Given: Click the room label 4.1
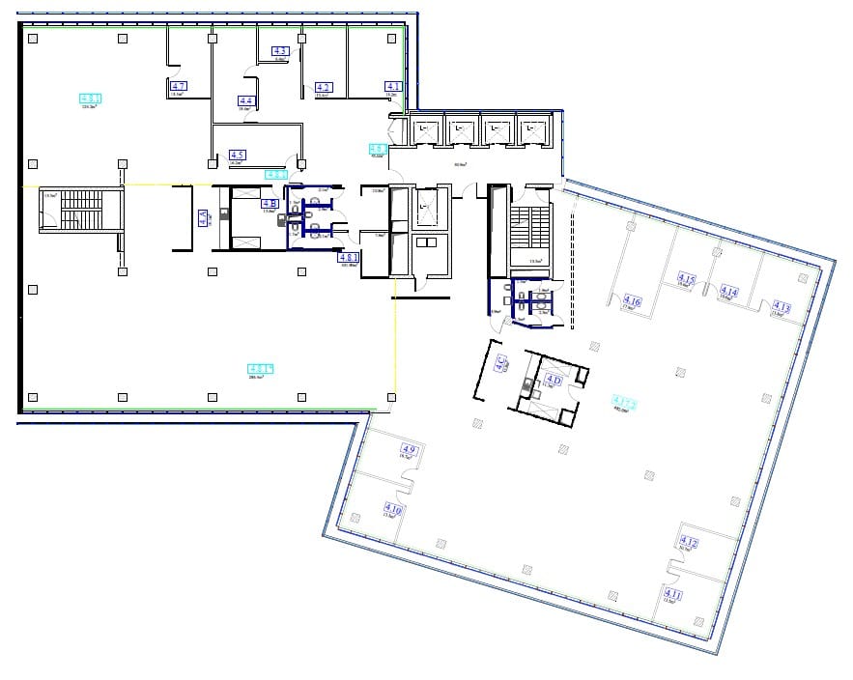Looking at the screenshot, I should click(393, 87).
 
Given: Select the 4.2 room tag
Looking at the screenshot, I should click(325, 88).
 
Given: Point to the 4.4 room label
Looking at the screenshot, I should click(245, 100).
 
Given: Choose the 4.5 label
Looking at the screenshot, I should click(237, 155).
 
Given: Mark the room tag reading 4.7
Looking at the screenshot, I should click(178, 87).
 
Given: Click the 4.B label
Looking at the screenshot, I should click(270, 203).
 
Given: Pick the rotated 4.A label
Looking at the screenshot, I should click(203, 218).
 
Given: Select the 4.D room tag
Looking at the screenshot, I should click(554, 380).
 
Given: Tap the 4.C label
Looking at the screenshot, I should click(501, 364).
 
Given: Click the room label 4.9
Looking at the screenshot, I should click(409, 450).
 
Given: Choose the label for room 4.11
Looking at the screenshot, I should click(672, 593).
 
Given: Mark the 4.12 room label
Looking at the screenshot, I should click(689, 542).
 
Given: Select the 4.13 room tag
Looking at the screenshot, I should click(782, 309).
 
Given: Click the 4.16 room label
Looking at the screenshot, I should click(633, 301).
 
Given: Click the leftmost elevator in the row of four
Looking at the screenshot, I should click(426, 129).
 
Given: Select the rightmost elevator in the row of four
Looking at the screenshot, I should click(530, 129).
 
